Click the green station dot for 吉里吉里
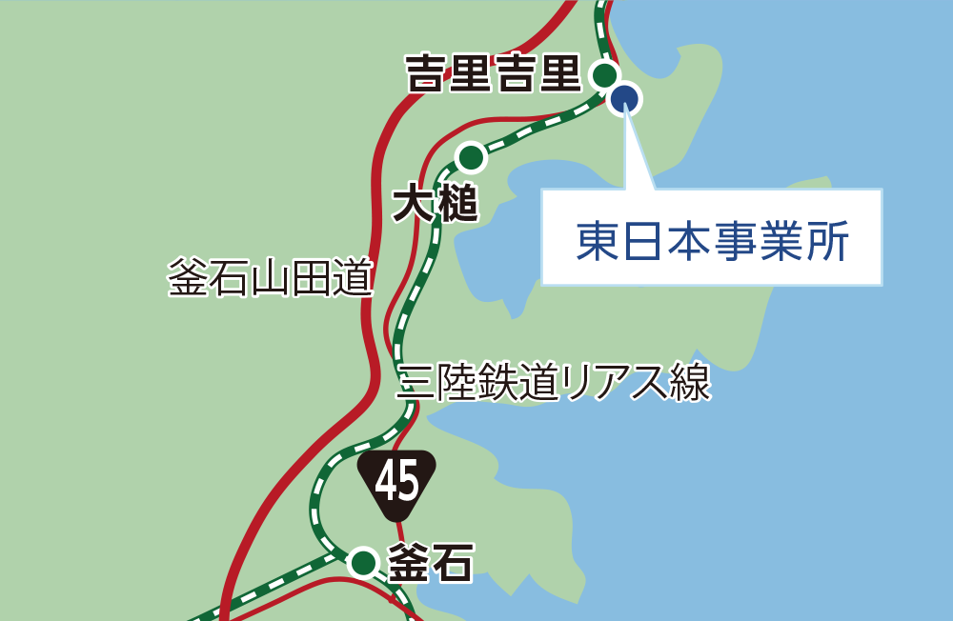pyautogui.click(x=604, y=74)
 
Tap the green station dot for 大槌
pyautogui.click(x=471, y=156)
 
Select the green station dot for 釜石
pyautogui.click(x=363, y=563)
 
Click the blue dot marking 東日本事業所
pyautogui.click(x=625, y=98)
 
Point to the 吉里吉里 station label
pyautogui.click(x=494, y=73)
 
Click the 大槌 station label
pyautogui.click(x=436, y=204)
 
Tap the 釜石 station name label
pyautogui.click(x=430, y=564)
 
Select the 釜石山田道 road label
pyautogui.click(x=270, y=278)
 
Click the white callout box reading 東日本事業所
pyautogui.click(x=711, y=238)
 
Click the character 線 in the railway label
pyautogui.click(x=691, y=383)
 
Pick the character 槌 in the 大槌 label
pyautogui.click(x=456, y=204)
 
